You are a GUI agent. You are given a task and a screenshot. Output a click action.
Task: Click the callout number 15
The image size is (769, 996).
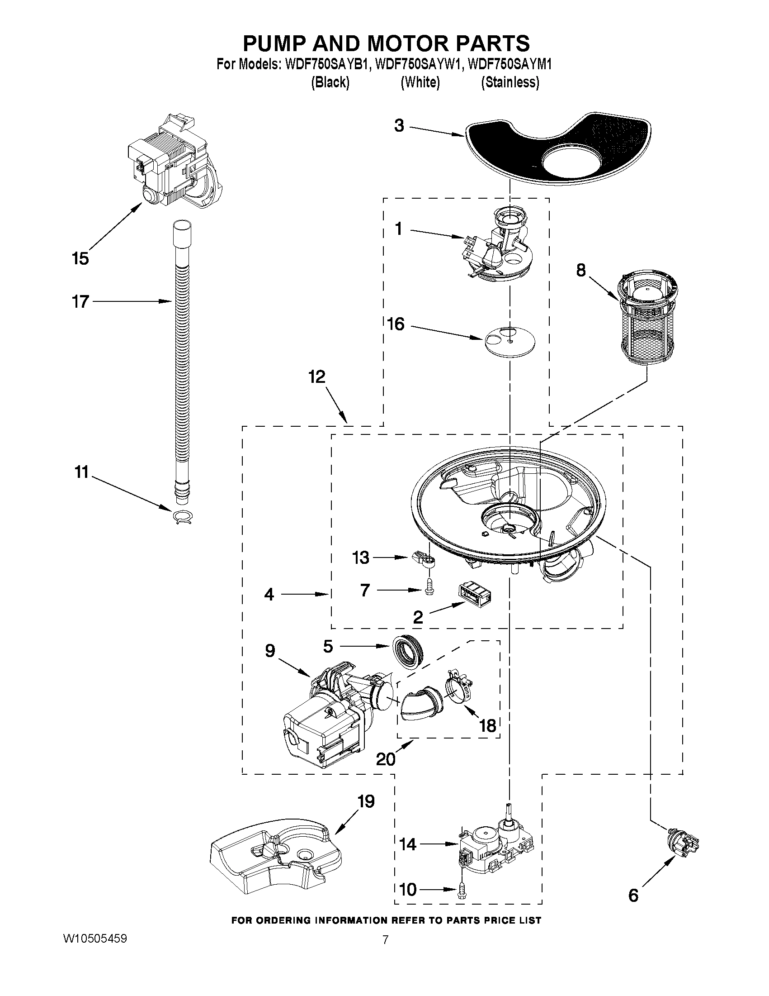coord(80,259)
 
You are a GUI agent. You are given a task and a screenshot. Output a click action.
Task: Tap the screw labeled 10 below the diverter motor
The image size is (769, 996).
coord(463,890)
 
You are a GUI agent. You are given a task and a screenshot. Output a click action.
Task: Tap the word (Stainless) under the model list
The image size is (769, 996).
coord(510,82)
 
